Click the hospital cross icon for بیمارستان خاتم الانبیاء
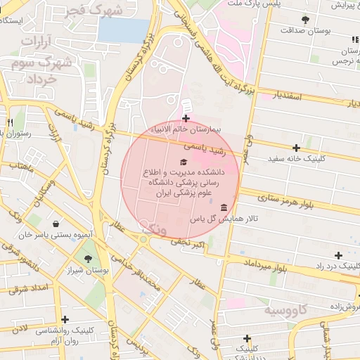click(x=186, y=118)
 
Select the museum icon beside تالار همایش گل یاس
click(x=224, y=207)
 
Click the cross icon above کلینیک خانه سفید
click(x=297, y=148)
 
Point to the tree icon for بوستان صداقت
click(x=304, y=20)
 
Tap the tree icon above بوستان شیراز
click(x=87, y=259)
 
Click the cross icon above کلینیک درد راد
click(x=339, y=255)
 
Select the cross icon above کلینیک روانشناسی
click(x=65, y=319)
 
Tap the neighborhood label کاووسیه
click(x=286, y=310)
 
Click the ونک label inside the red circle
click(x=153, y=229)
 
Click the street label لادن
click(x=19, y=328)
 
